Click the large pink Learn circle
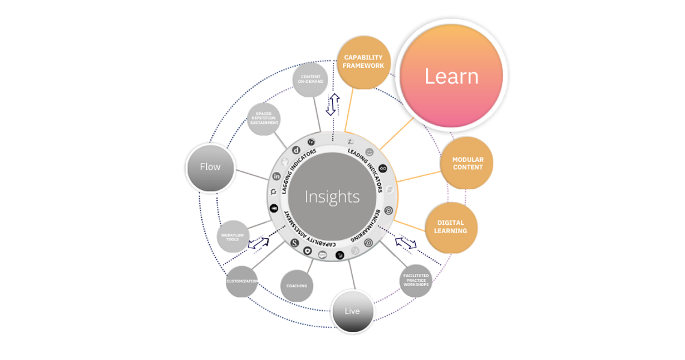tap(451, 76)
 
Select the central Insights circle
tap(332, 197)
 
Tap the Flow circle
tap(210, 167)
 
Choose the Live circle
tap(352, 311)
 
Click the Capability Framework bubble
tap(364, 62)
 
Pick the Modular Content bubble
tap(467, 163)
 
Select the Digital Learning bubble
tap(452, 227)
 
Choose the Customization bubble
tap(242, 281)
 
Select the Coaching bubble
tap(297, 285)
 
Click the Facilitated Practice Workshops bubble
tap(416, 280)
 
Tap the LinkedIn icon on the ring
tap(276, 176)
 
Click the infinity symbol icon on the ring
tap(383, 168)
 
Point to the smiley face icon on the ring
tap(369, 152)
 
